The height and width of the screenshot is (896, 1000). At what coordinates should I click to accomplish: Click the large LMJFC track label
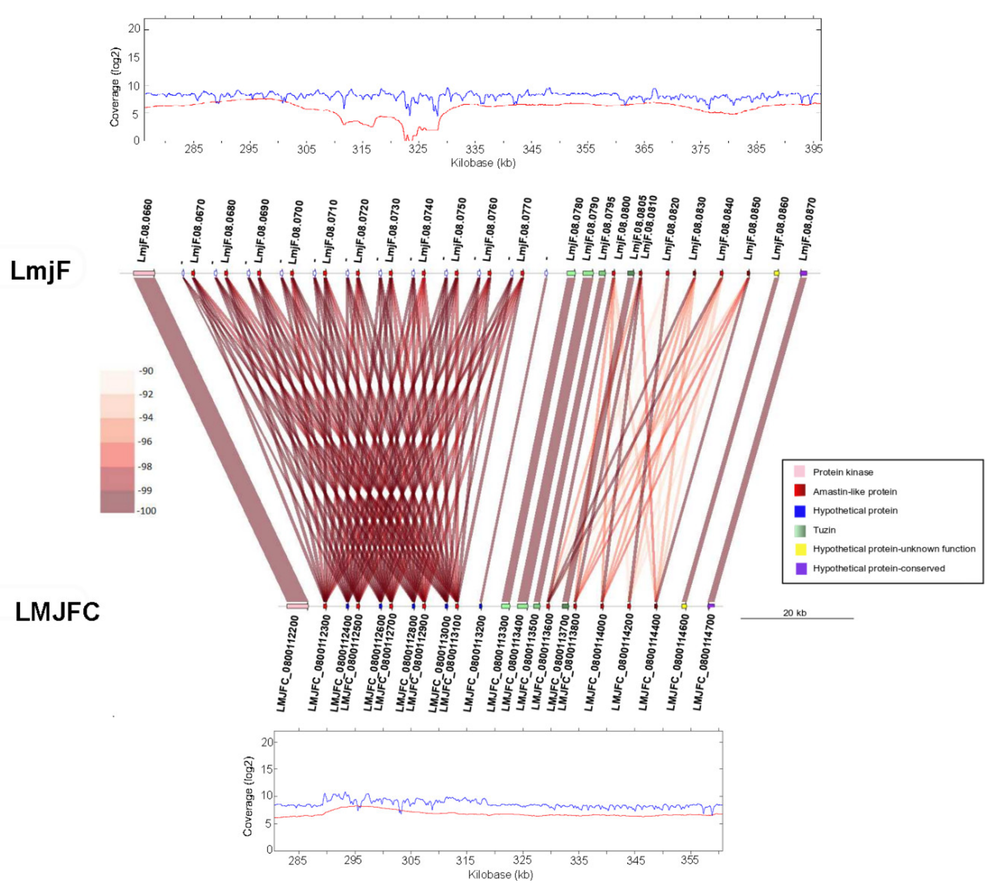[58, 612]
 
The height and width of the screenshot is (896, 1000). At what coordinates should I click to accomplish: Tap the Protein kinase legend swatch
[800, 472]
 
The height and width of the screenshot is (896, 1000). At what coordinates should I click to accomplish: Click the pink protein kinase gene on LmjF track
[144, 273]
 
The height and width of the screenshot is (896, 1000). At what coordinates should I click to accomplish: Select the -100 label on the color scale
[147, 511]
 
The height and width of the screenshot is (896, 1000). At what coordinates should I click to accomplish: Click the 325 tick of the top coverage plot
[417, 149]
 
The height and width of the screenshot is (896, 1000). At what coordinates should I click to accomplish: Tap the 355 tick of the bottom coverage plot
[690, 860]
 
